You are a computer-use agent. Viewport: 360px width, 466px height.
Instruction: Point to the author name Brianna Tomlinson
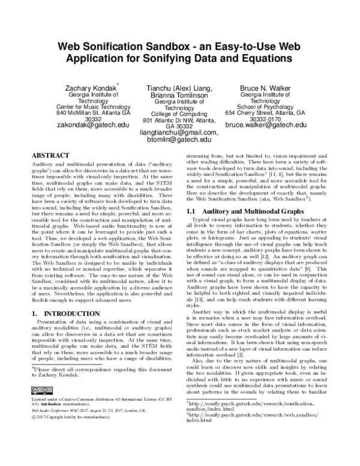(179, 95)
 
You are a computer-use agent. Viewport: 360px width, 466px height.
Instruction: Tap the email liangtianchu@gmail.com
(179, 132)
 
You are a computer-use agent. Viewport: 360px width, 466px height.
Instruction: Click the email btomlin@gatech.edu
(179, 139)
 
